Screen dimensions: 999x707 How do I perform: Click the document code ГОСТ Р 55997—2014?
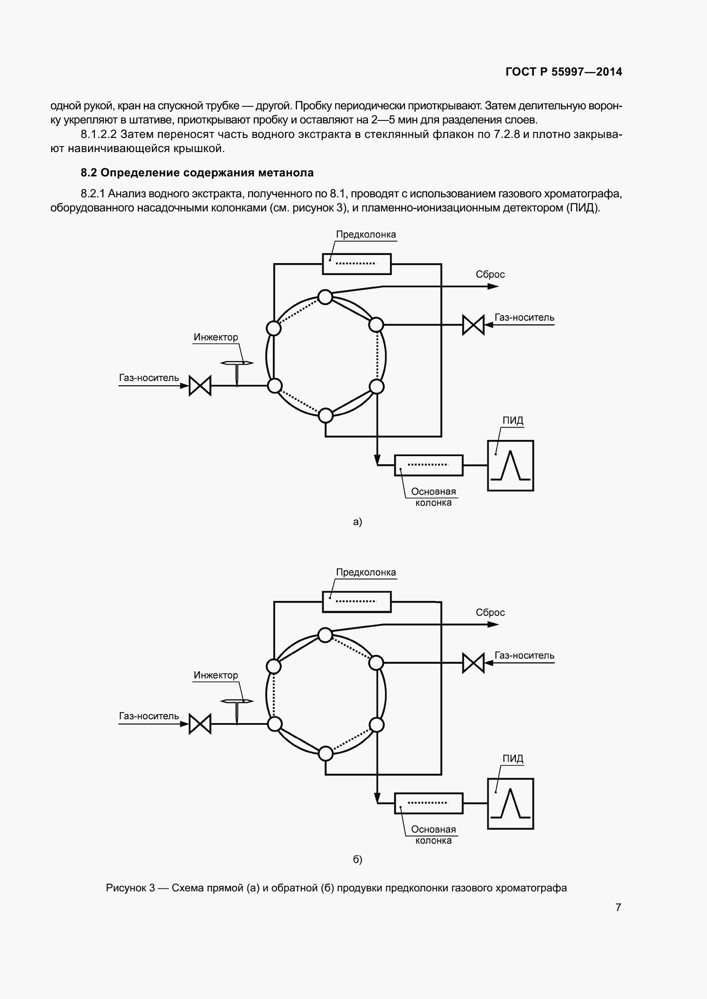click(x=564, y=72)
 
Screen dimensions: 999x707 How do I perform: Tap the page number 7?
click(x=618, y=907)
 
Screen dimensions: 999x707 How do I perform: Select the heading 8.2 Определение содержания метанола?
click(x=197, y=173)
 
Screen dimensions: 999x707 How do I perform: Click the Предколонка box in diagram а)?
click(x=356, y=264)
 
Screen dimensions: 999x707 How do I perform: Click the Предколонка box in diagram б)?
click(x=356, y=602)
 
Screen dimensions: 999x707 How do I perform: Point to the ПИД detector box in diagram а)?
click(x=510, y=466)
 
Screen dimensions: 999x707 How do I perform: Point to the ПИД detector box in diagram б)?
click(x=510, y=804)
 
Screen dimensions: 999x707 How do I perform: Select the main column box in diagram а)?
click(x=428, y=465)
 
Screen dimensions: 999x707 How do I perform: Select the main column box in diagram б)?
click(x=428, y=803)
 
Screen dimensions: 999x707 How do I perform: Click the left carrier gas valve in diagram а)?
click(x=200, y=386)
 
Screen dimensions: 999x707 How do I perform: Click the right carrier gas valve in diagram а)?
click(x=473, y=325)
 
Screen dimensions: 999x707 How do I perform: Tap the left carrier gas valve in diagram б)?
click(x=200, y=724)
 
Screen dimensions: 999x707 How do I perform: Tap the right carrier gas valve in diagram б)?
click(x=473, y=663)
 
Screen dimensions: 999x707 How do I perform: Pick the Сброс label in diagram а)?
click(x=490, y=275)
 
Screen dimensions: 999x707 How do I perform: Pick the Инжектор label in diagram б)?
click(x=216, y=675)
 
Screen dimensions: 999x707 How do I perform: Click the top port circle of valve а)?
click(x=325, y=297)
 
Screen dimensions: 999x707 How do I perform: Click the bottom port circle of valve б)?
click(x=326, y=753)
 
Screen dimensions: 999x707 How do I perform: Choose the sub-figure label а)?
click(x=357, y=521)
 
